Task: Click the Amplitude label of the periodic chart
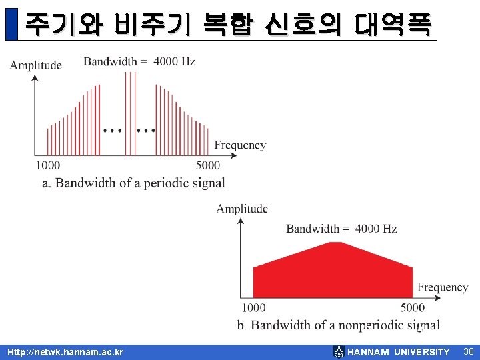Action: [36, 65]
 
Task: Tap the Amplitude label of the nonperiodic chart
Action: [242, 209]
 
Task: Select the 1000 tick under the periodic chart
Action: [47, 165]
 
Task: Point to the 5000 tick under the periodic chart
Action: [209, 165]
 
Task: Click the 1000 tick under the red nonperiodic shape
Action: [253, 307]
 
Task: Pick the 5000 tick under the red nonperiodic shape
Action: [413, 307]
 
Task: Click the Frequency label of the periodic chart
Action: [240, 145]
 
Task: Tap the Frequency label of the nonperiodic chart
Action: [443, 287]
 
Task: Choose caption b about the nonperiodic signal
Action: [338, 325]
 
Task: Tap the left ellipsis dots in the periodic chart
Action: [113, 130]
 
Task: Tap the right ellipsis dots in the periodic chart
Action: [146, 130]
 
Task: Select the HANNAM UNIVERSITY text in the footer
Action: [399, 352]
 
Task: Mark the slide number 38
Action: [468, 351]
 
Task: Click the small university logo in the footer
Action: [339, 352]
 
